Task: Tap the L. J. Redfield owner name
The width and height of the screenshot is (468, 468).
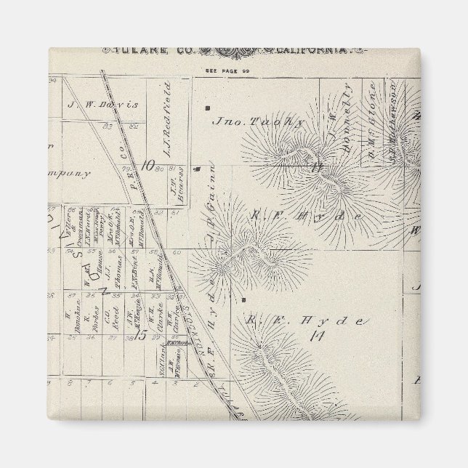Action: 166,130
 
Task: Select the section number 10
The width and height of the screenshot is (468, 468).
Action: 149,165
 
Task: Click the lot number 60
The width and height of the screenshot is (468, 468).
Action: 177,252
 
